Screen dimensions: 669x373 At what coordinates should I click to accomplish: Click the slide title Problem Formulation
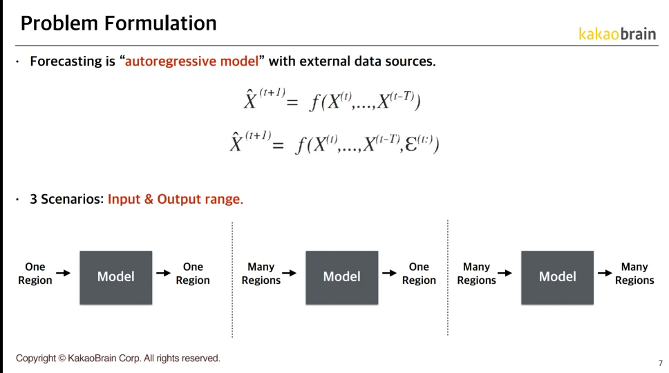(119, 23)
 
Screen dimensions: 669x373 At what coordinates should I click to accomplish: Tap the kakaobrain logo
(617, 34)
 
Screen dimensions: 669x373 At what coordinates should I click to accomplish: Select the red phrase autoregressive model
(191, 61)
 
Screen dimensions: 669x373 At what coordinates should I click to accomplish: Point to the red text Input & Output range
(176, 199)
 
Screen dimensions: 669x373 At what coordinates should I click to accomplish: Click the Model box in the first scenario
(116, 278)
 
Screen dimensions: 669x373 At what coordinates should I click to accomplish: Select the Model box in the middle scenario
(341, 278)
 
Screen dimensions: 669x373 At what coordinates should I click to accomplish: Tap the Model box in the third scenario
(557, 278)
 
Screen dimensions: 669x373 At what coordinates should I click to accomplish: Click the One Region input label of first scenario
(35, 274)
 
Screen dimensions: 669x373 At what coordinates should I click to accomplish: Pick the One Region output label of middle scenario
(419, 274)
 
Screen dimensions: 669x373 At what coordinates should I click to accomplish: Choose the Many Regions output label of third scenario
(634, 274)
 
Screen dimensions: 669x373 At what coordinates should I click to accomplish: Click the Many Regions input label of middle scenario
(261, 274)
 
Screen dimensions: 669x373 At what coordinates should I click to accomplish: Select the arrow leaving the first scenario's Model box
(163, 273)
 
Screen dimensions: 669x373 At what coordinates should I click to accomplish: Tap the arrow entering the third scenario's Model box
(505, 273)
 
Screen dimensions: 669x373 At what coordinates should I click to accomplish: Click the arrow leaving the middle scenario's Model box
(390, 273)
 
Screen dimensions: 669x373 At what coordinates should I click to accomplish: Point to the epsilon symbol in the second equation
(411, 144)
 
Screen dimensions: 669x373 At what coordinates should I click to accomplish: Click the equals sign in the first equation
(292, 103)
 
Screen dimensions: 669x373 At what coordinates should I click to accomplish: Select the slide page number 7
(661, 363)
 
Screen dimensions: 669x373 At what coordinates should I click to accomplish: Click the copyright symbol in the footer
(62, 358)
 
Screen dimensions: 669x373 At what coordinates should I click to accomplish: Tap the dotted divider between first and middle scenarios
(232, 279)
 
